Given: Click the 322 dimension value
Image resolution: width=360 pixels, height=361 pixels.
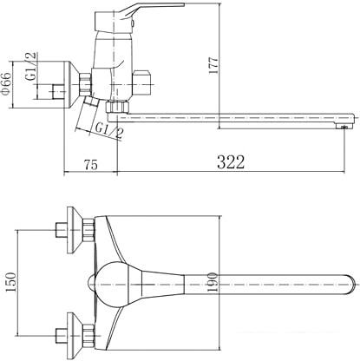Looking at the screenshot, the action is [x=231, y=162].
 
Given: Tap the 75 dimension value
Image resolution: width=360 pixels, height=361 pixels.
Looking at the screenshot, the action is [x=91, y=165].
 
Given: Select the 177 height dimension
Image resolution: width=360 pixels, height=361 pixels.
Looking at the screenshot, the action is [x=213, y=66].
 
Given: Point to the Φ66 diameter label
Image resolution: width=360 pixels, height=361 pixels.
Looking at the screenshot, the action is [x=6, y=83].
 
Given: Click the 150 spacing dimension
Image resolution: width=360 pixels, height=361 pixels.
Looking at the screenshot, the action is [x=10, y=282].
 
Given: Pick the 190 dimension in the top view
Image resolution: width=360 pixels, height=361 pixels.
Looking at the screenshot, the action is [x=213, y=282].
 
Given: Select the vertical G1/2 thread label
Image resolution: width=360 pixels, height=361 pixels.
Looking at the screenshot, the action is [x=31, y=66].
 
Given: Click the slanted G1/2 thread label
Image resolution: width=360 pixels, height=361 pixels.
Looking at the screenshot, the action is [x=109, y=130].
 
